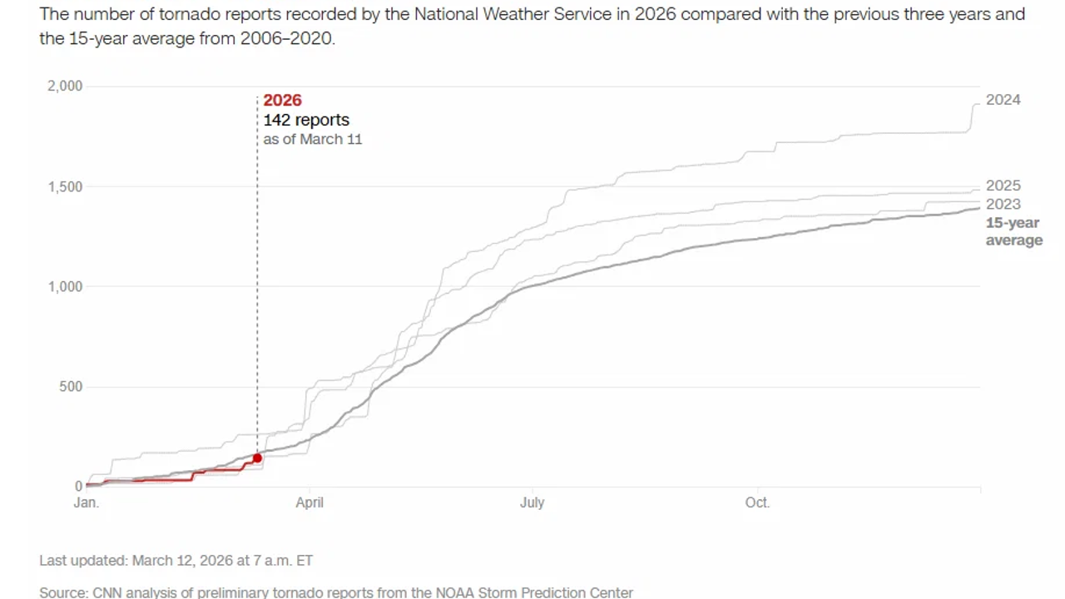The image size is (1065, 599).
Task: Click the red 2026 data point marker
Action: [x=257, y=458]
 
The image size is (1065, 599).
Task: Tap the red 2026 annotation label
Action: [x=282, y=101]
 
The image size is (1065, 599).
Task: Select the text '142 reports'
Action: [x=306, y=120]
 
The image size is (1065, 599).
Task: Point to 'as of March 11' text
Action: [x=313, y=139]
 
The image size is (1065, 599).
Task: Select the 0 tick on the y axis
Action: [x=79, y=487]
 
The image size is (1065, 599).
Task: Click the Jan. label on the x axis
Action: [x=86, y=502]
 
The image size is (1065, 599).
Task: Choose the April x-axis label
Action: [x=310, y=502]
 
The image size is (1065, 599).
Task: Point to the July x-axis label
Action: [x=532, y=502]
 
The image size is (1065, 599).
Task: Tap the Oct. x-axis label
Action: [x=757, y=502]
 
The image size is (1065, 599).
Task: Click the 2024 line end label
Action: [x=1003, y=100]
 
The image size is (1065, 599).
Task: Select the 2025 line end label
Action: [x=1003, y=186]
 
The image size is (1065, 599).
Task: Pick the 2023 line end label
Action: [x=1003, y=205]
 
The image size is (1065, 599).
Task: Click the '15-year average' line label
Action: [x=1013, y=232]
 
